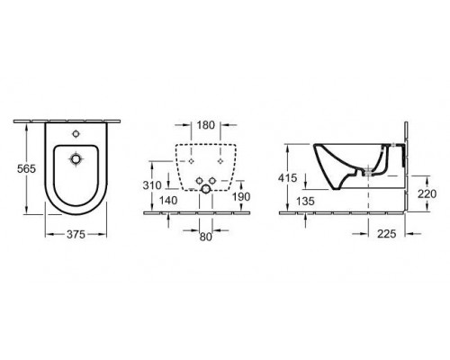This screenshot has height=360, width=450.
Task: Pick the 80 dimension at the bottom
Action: [207, 238]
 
